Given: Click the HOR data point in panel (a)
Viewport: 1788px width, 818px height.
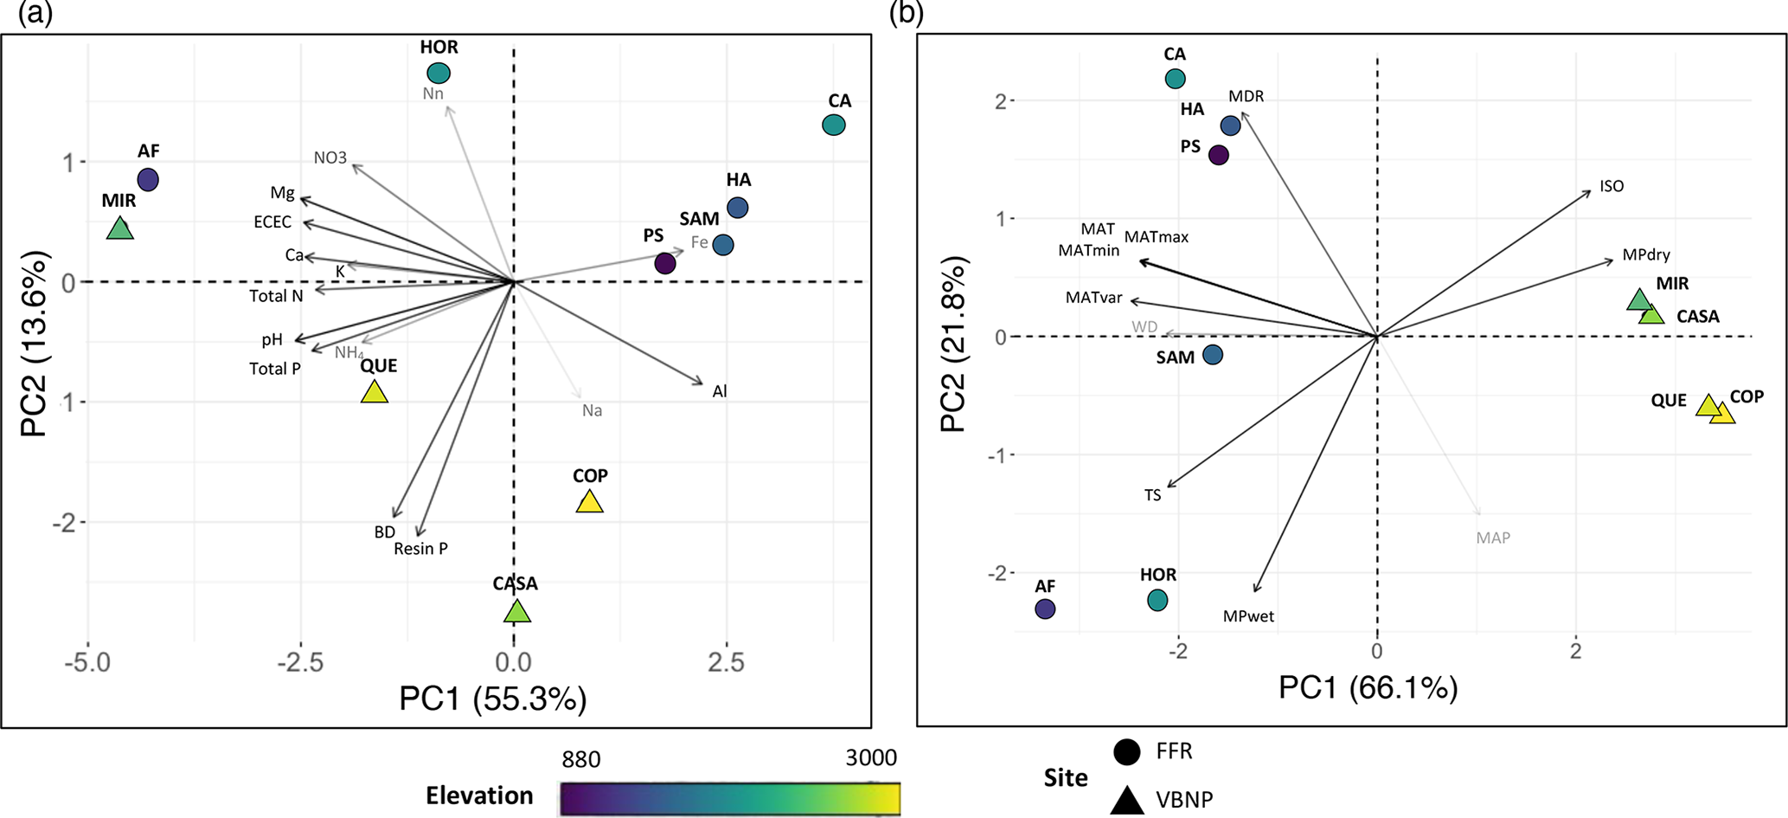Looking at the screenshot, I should point(439,74).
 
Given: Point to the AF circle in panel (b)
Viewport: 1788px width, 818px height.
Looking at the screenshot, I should point(1045,609).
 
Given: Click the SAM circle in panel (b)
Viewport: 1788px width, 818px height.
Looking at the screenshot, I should point(1213,355).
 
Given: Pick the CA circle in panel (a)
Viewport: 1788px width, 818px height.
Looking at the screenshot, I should point(833,125).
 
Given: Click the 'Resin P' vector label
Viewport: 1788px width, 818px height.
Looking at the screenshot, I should point(420,549).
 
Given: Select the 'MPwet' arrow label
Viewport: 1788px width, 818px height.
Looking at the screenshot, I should point(1248,616).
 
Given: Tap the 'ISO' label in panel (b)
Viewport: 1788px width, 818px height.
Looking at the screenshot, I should point(1612,186).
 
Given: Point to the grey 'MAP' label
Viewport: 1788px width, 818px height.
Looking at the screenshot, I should point(1493,538).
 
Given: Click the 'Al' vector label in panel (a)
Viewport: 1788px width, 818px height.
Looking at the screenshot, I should point(720,391).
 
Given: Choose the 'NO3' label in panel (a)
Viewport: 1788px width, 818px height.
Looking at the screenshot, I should point(330,158).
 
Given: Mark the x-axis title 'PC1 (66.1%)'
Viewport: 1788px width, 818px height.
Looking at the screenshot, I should point(1368,688).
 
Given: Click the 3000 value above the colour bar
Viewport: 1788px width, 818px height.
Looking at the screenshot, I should point(871,759).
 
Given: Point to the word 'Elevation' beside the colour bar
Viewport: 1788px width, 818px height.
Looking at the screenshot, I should point(479,795).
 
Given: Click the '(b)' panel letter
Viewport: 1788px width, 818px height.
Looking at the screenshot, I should point(907,15).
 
